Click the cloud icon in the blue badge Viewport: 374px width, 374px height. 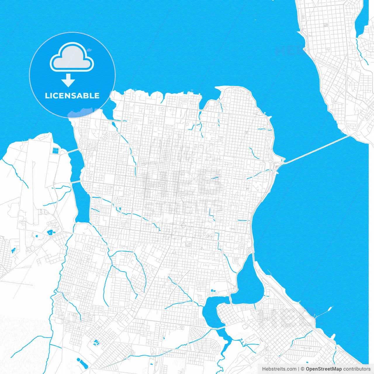click(x=72, y=58)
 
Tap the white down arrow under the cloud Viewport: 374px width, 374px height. click(x=68, y=80)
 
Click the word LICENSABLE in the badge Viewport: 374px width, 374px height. click(x=72, y=96)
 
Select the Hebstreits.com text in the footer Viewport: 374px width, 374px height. click(x=279, y=369)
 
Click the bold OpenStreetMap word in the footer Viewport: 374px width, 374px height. click(x=323, y=369)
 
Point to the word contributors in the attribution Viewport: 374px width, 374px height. click(x=357, y=369)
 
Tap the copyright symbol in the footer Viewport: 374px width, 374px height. click(x=302, y=369)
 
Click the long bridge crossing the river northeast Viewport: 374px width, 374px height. click(x=317, y=149)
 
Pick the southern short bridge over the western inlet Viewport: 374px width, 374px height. click(x=75, y=182)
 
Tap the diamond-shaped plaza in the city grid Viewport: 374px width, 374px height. click(x=183, y=225)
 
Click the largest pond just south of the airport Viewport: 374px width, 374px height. click(x=50, y=232)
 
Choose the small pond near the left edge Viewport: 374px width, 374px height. click(x=13, y=250)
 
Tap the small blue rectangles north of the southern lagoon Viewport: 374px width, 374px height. click(x=212, y=290)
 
